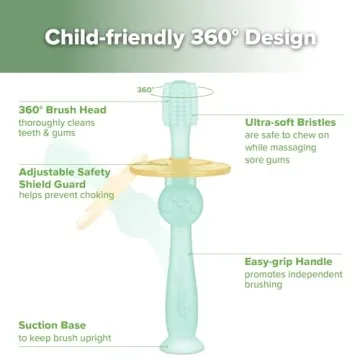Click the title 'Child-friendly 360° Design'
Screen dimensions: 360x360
pos(180,39)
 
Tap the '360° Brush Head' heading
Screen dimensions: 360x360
pos(58,109)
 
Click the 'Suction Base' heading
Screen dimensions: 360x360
pos(51,325)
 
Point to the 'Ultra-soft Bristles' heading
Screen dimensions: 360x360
pos(290,121)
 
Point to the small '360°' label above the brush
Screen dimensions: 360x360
pos(145,89)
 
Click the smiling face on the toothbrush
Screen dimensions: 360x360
pos(181,204)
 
